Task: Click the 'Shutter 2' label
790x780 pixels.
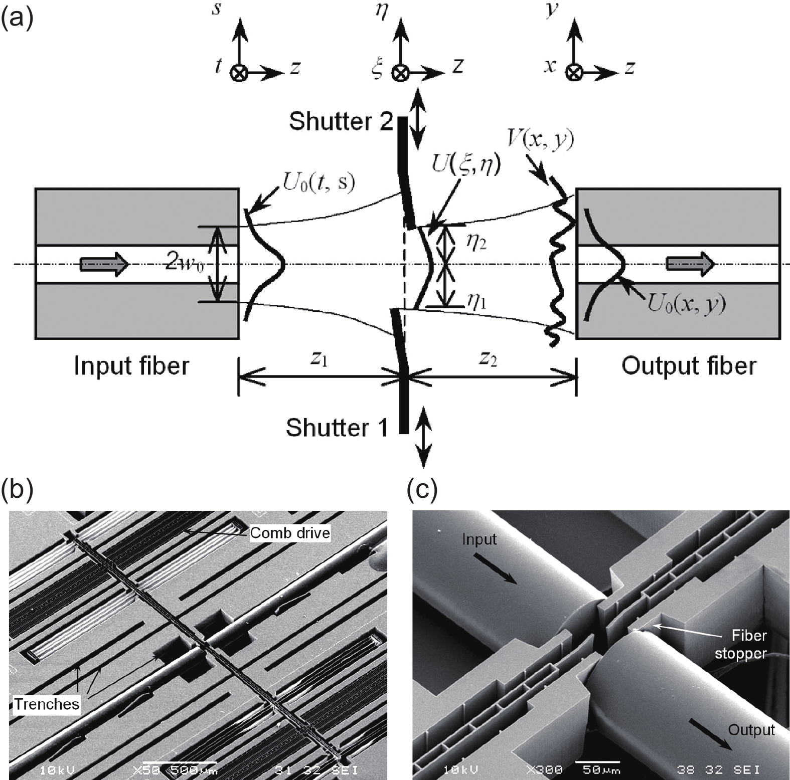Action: tap(341, 121)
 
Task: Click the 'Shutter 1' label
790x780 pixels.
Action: tap(337, 428)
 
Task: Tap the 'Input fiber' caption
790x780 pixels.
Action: tap(131, 366)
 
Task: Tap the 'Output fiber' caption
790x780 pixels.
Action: tap(689, 366)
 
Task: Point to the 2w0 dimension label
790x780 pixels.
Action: tap(185, 264)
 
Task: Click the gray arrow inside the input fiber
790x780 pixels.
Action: tap(105, 264)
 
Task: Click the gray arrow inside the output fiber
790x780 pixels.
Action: tap(690, 264)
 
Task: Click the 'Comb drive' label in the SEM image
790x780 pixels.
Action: tap(290, 533)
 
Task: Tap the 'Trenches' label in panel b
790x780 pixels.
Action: tap(47, 704)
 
